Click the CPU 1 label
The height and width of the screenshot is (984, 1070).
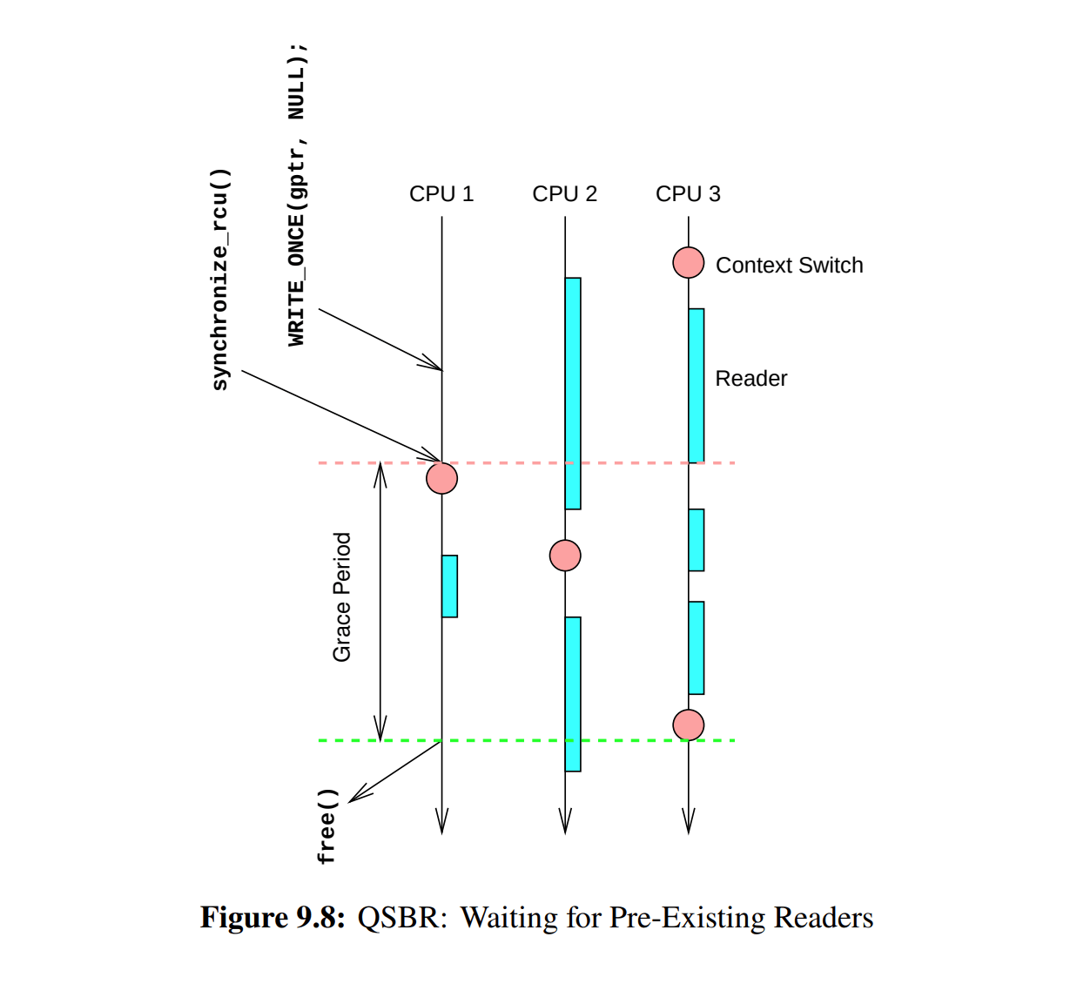coord(441,193)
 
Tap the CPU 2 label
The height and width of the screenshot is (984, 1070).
coord(564,193)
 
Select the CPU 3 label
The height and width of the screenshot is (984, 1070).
coord(688,193)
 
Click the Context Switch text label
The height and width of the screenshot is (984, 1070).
coord(789,266)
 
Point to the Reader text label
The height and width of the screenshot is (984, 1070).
coord(750,379)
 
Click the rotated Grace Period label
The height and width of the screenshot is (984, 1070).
coord(342,597)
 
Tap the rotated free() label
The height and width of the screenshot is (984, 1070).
coord(327,826)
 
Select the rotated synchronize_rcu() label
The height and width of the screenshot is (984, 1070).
coord(221,280)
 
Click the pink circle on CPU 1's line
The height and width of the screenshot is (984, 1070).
coord(442,478)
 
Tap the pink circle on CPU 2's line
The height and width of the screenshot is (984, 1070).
coord(565,556)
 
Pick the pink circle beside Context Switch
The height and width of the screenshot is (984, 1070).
coord(688,262)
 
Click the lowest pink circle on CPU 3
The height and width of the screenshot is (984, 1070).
coord(688,725)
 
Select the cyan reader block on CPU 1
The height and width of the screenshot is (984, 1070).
coord(449,586)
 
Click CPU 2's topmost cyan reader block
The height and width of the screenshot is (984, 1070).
coord(573,394)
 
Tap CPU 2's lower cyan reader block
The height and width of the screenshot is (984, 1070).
coord(573,694)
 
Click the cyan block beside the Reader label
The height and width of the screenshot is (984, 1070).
coord(697,385)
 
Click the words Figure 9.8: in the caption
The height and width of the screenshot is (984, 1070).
coord(273,918)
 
